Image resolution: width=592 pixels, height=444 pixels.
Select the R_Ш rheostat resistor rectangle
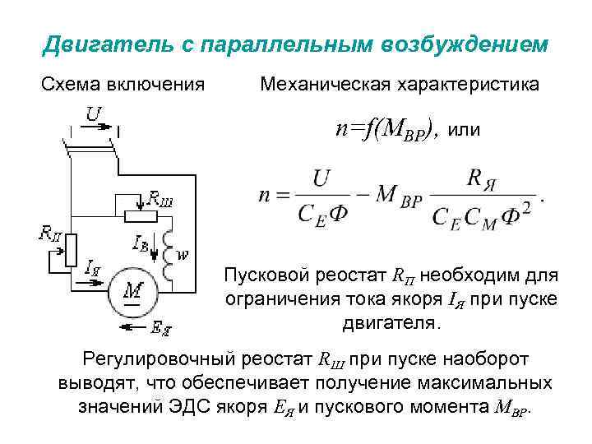pos(141,215)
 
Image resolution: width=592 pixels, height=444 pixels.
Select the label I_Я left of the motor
pos(93,267)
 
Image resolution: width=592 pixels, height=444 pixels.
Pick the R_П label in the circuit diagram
pos(51,232)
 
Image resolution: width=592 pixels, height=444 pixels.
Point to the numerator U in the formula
pos(322,177)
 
